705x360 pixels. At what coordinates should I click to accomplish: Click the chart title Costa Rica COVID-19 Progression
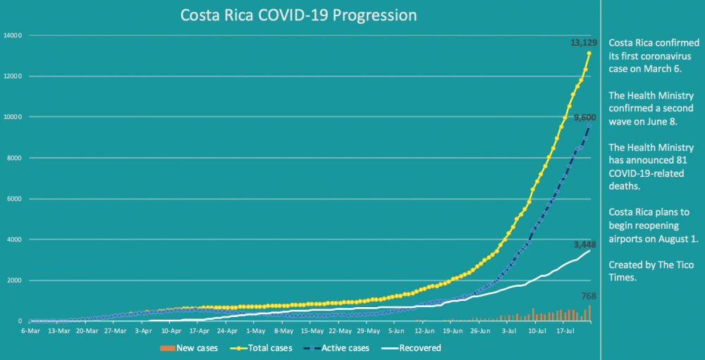click(x=298, y=15)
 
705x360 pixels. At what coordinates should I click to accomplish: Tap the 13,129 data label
click(x=583, y=43)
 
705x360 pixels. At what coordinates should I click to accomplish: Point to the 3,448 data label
click(x=584, y=244)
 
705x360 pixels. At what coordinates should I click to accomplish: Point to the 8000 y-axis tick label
click(x=15, y=158)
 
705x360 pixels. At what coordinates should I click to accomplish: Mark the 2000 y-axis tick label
click(x=15, y=280)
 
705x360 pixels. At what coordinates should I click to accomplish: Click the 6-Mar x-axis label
click(x=30, y=330)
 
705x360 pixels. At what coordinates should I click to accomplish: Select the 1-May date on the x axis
click(x=255, y=330)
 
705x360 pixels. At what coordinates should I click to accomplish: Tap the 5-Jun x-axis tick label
click(x=396, y=330)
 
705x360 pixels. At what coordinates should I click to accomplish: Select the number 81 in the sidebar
click(x=685, y=160)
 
